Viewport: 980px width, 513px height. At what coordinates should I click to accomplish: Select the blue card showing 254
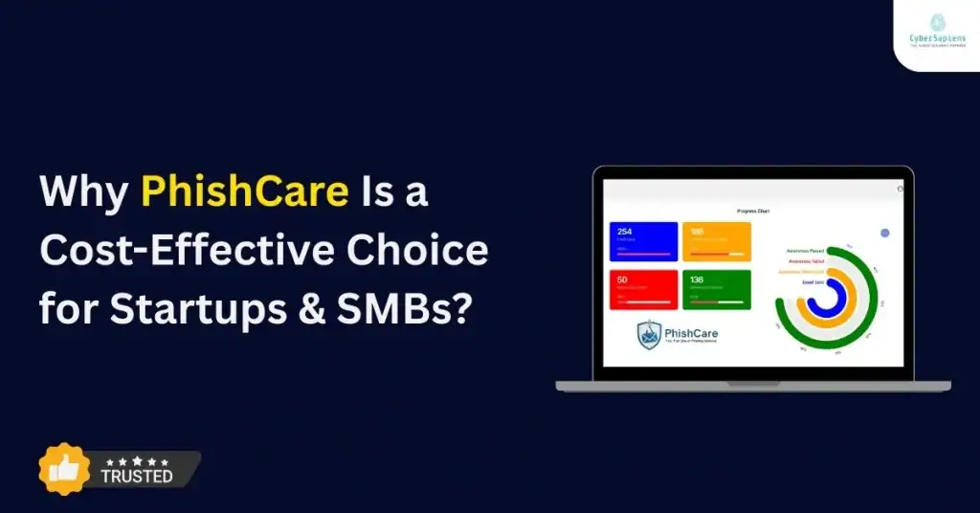[x=643, y=241]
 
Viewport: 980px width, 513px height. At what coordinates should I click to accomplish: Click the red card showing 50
[x=643, y=289]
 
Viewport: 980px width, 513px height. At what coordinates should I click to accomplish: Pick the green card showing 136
[x=716, y=289]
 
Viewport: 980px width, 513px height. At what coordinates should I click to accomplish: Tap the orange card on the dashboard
[x=716, y=241]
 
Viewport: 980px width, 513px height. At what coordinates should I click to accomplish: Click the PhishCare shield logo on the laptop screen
[x=651, y=334]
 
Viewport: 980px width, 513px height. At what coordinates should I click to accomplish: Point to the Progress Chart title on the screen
[x=753, y=211]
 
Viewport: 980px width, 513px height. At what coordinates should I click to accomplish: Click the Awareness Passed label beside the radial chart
[x=803, y=250]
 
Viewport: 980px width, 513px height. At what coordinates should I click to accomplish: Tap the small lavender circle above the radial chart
[x=884, y=233]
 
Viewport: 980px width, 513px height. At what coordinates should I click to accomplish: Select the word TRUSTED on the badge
[x=137, y=476]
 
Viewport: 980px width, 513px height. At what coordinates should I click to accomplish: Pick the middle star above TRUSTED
[x=137, y=461]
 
